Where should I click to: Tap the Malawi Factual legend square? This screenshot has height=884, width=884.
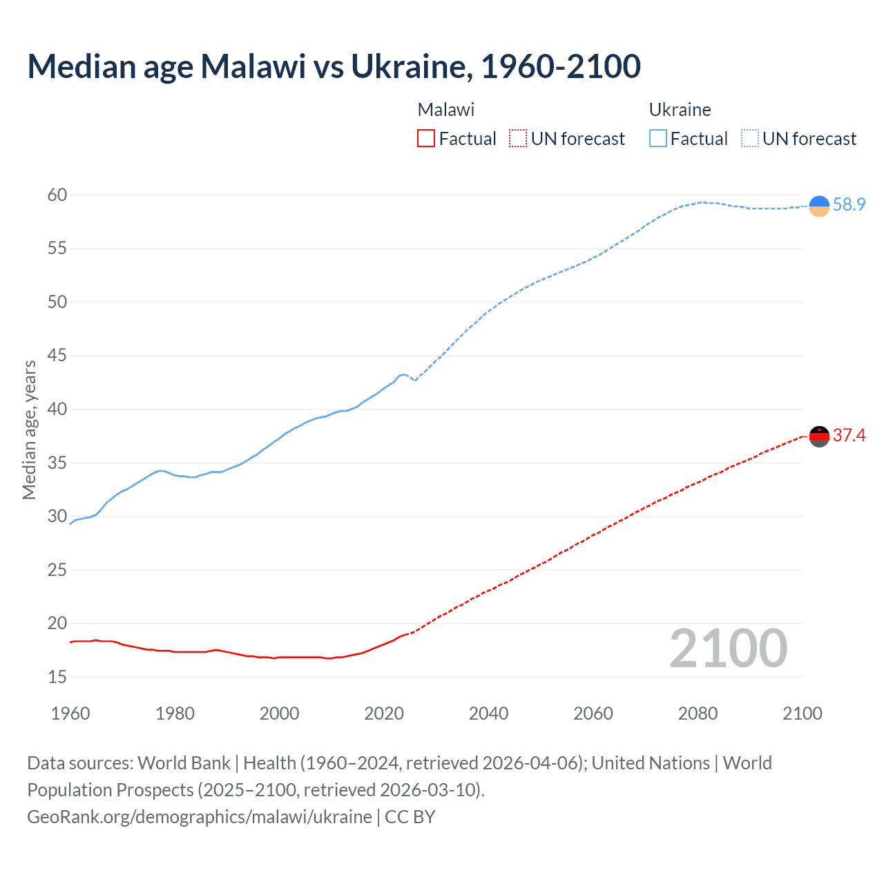tap(426, 139)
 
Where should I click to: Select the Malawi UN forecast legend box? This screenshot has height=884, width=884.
tap(518, 139)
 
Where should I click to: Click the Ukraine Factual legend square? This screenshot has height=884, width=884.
tap(658, 139)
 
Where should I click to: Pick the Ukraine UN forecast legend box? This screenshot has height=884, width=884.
tap(750, 139)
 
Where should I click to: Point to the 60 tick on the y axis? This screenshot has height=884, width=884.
tap(57, 195)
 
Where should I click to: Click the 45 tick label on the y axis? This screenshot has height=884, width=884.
tap(57, 356)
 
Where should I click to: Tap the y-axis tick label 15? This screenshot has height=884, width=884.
tap(57, 677)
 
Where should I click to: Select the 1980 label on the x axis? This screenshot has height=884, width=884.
tap(175, 713)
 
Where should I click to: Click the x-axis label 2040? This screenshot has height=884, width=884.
tap(488, 713)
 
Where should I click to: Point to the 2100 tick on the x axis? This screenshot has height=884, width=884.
tap(803, 713)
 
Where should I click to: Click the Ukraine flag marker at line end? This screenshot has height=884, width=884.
tap(819, 206)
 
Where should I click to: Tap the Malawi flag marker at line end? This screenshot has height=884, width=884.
tap(819, 436)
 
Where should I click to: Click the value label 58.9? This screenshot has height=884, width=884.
tap(849, 204)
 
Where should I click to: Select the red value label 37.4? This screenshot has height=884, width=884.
tap(849, 435)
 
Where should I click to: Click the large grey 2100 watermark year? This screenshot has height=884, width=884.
tap(728, 648)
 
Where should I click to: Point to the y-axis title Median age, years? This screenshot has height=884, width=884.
tap(29, 430)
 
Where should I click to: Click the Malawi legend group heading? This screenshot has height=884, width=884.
tap(446, 110)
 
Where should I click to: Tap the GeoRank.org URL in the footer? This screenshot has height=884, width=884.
tap(200, 816)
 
